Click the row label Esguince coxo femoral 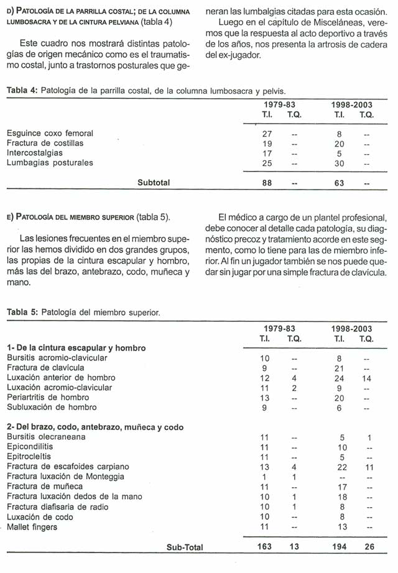(50, 133)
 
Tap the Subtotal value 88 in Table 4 (268, 183)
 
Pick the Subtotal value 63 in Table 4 (338, 183)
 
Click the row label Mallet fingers (33, 527)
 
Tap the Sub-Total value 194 (338, 548)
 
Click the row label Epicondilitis (30, 447)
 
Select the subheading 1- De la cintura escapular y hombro (76, 348)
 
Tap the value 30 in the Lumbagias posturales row (339, 163)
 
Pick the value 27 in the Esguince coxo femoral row (268, 133)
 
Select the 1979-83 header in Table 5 (279, 328)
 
